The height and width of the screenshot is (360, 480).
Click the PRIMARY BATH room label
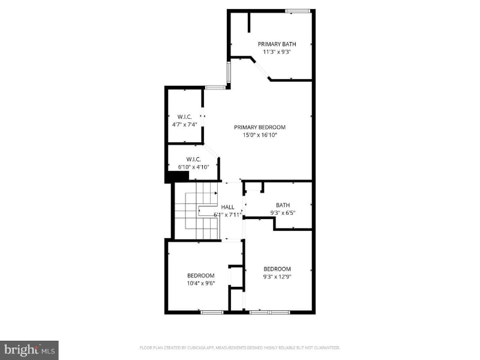(277, 44)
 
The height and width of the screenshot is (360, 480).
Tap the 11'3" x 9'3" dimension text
(277, 52)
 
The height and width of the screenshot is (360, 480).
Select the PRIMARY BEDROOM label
(259, 127)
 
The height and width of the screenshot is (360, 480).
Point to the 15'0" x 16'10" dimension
(259, 135)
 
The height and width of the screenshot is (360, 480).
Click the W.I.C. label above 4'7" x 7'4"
(184, 116)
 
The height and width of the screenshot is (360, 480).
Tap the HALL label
(228, 207)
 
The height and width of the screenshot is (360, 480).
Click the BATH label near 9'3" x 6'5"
(283, 205)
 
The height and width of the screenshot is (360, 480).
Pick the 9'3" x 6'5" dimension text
(283, 212)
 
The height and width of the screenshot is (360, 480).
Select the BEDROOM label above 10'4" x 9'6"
(200, 275)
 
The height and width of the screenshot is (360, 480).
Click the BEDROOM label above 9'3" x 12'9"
(277, 269)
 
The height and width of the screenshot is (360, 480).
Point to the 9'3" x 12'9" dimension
(277, 277)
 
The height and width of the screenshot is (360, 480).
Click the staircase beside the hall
(197, 211)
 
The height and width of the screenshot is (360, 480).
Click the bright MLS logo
(29, 349)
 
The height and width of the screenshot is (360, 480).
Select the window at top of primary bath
(297, 10)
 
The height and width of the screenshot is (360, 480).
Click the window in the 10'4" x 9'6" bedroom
(212, 312)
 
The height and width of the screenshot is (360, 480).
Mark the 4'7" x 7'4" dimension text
(184, 124)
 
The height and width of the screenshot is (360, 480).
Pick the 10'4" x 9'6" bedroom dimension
(200, 283)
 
